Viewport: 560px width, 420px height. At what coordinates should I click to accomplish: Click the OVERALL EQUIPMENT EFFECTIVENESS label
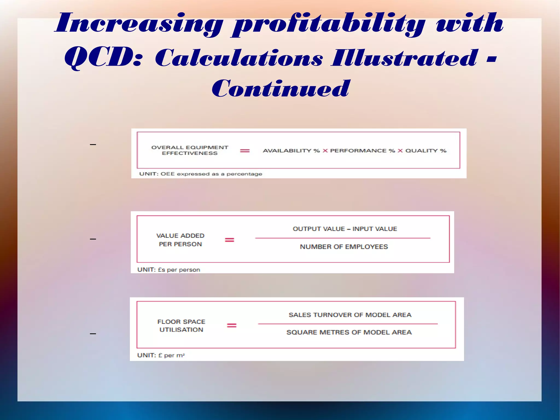190,150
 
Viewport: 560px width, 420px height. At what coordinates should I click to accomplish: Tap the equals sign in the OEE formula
245,151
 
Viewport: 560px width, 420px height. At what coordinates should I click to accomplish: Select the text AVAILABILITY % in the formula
291,151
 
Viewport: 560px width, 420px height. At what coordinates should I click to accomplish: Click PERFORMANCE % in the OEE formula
362,151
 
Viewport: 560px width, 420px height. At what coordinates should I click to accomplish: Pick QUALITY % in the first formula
426,151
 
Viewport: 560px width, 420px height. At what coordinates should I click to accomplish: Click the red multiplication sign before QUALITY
400,151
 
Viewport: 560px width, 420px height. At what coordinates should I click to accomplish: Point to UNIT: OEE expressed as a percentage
200,174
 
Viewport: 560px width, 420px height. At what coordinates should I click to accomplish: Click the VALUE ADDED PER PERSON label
180,240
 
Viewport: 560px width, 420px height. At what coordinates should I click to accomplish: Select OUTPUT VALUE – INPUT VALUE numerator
345,229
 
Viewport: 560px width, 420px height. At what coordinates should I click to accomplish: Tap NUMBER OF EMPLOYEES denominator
344,247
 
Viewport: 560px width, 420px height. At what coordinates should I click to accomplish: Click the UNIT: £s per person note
169,270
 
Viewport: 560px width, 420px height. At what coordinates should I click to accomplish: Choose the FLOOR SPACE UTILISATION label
181,326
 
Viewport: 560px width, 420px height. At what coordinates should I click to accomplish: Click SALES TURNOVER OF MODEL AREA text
350,315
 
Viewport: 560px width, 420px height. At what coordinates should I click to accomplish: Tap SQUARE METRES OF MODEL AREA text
349,332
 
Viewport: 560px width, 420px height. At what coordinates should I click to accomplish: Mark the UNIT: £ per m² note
161,355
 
